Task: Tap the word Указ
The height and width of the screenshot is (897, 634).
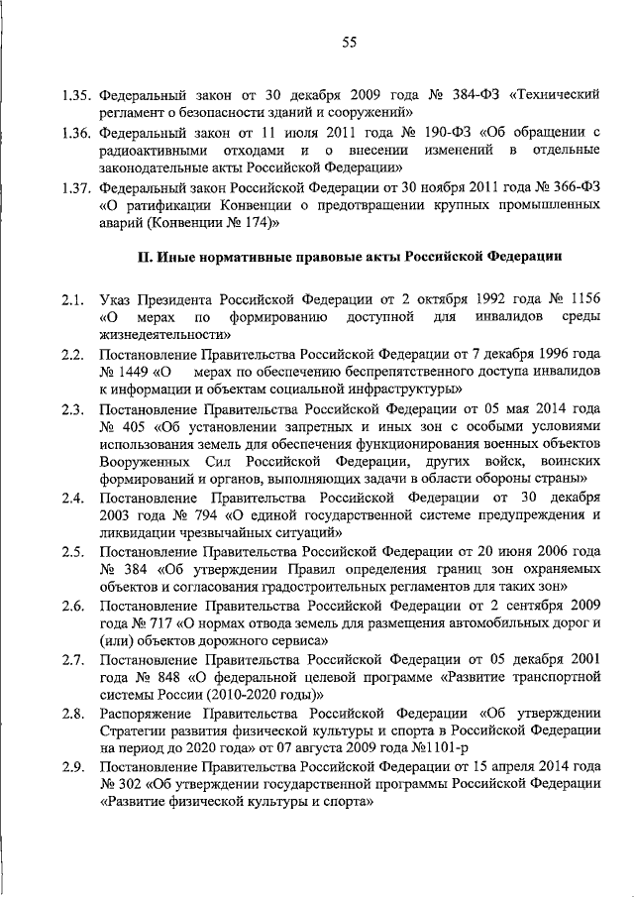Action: (119, 298)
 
